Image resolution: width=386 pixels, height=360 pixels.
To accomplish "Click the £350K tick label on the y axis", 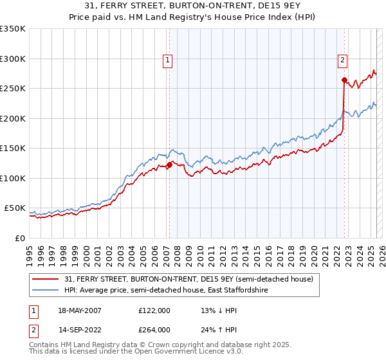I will tap(13, 29).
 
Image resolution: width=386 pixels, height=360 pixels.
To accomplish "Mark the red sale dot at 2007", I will tap(169, 165).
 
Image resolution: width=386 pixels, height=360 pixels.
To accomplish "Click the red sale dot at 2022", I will tap(344, 80).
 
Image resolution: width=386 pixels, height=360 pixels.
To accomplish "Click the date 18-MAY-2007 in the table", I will tap(79, 310).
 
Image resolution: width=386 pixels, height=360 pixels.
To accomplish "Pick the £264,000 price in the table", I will tap(154, 330).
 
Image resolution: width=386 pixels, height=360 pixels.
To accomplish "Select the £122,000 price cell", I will tap(154, 310).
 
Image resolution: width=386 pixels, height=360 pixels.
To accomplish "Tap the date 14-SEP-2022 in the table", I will tap(79, 330).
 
